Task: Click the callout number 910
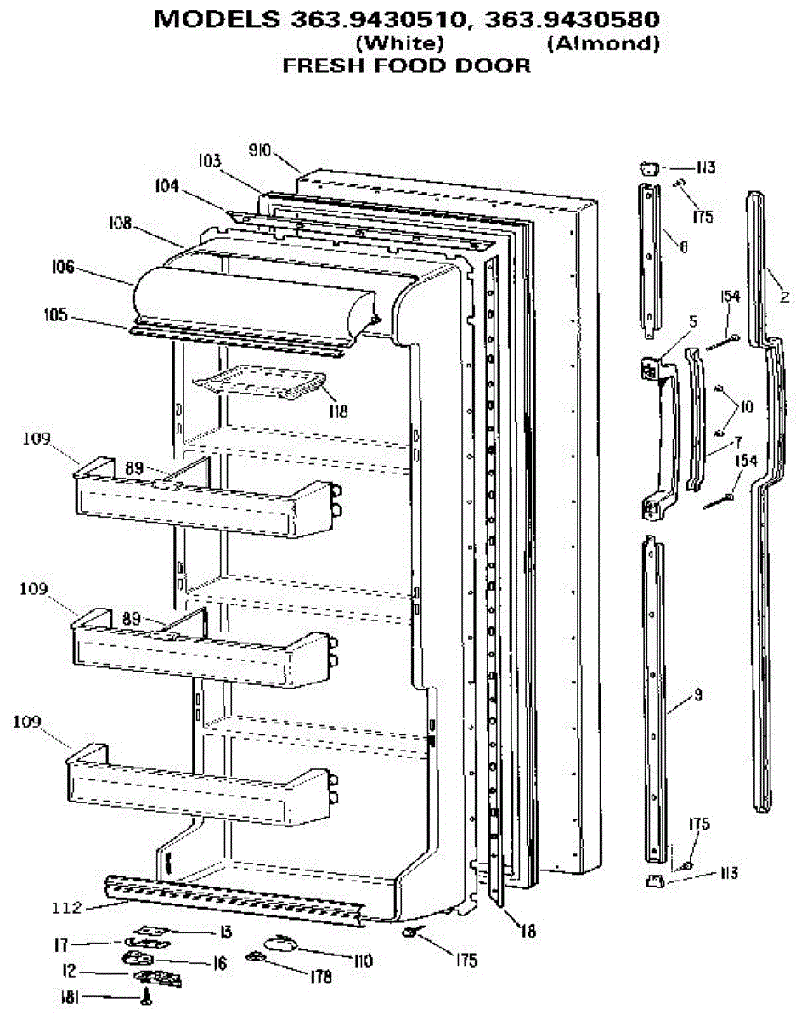tap(260, 151)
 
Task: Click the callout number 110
tap(362, 961)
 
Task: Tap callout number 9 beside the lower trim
tap(697, 695)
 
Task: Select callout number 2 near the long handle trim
tap(784, 297)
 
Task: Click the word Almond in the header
tap(603, 43)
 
